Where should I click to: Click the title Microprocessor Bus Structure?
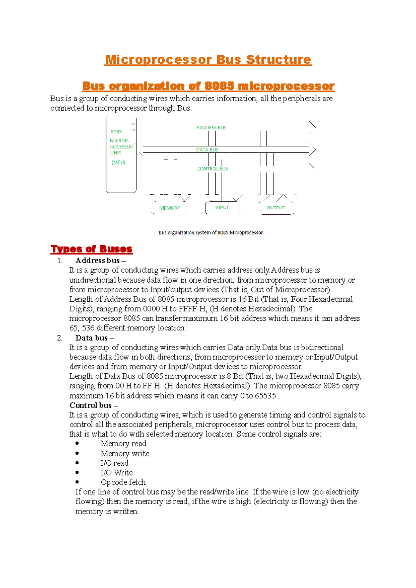tap(208, 60)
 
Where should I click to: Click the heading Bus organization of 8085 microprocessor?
tap(208, 86)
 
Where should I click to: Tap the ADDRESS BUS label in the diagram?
tap(211, 128)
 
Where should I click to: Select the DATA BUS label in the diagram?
tap(207, 150)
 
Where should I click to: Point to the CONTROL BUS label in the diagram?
tap(213, 169)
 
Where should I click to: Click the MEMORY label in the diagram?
tap(170, 208)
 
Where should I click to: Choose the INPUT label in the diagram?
tap(222, 207)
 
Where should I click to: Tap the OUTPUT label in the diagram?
tap(275, 208)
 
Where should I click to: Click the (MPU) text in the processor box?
tap(119, 162)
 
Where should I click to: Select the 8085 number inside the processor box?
tap(116, 132)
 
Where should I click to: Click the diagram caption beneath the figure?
tap(210, 233)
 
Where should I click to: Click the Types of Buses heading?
tap(92, 249)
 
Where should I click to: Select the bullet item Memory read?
tap(123, 444)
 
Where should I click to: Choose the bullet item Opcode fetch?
tap(123, 482)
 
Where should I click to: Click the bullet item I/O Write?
tap(116, 473)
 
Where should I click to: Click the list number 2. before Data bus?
tap(60, 338)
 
